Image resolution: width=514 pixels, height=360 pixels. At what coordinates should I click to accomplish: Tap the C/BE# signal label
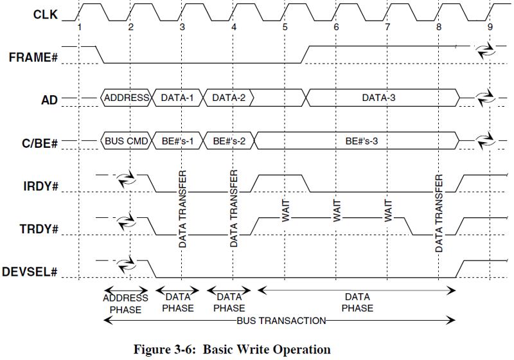click(x=37, y=141)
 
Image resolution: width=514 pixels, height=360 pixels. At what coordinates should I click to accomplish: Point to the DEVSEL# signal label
click(x=30, y=271)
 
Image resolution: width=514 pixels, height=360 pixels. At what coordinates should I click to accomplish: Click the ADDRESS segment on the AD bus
click(x=127, y=98)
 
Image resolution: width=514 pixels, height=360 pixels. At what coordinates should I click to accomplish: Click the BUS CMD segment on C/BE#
click(x=127, y=141)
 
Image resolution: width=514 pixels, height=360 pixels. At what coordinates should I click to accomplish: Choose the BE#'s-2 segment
click(x=229, y=141)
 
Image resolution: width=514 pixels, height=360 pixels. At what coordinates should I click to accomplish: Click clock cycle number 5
click(x=285, y=27)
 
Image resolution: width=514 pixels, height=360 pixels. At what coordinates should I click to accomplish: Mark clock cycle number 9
click(x=490, y=27)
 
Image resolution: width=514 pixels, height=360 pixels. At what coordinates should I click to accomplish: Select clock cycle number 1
click(x=79, y=27)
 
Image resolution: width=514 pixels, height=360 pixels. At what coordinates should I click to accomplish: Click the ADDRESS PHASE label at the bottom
click(x=126, y=303)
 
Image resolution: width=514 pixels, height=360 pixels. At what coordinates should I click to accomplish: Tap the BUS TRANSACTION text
click(x=281, y=319)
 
